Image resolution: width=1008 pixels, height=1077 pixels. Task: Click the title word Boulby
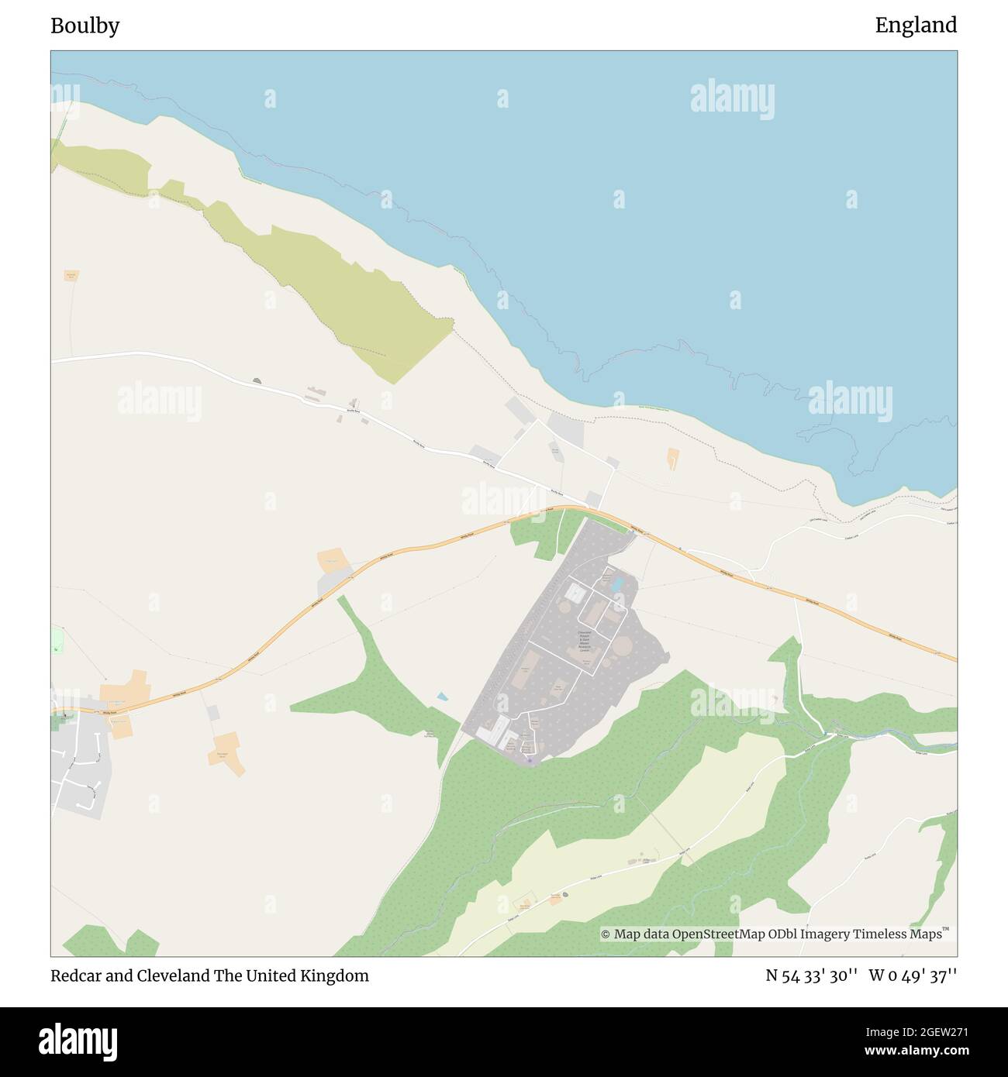coord(85,26)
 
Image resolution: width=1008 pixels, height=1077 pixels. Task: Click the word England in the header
coord(916,26)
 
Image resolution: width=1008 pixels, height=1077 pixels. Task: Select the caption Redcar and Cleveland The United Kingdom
coord(209,975)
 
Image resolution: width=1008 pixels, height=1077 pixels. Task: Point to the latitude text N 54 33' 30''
coord(811,975)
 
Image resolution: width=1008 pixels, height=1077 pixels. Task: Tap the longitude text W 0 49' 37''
coord(913,975)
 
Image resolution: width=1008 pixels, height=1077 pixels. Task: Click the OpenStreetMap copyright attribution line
coord(773,934)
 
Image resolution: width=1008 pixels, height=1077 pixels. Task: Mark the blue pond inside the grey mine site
coord(617,584)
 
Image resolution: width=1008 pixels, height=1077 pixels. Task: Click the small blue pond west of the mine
coord(441,697)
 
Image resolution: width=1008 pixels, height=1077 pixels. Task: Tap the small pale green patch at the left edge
coord(57,640)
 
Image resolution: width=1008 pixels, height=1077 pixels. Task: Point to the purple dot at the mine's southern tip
coord(530,760)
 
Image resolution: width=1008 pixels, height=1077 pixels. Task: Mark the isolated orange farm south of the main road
coord(227,749)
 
